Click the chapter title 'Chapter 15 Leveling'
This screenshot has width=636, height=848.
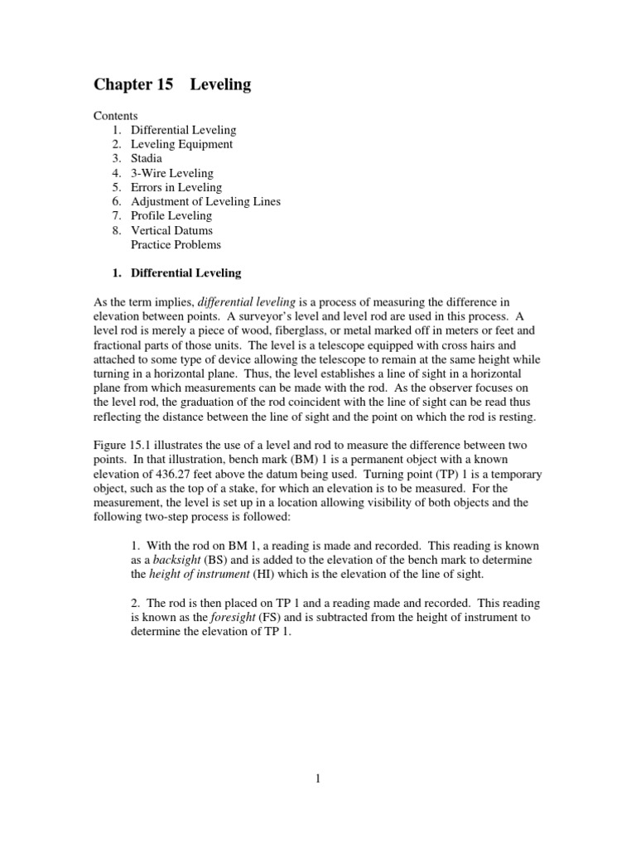pyautogui.click(x=172, y=85)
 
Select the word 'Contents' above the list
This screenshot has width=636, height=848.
pyautogui.click(x=115, y=116)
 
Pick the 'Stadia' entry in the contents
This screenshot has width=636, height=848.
pyautogui.click(x=147, y=158)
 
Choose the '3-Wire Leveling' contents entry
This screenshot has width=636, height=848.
pyautogui.click(x=171, y=173)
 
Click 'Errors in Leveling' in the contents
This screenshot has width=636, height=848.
pyautogui.click(x=176, y=187)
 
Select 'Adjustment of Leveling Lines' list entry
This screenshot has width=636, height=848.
pyautogui.click(x=205, y=201)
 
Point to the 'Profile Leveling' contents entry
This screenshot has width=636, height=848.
pyautogui.click(x=171, y=216)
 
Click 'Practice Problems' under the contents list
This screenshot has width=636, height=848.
pyautogui.click(x=176, y=244)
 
